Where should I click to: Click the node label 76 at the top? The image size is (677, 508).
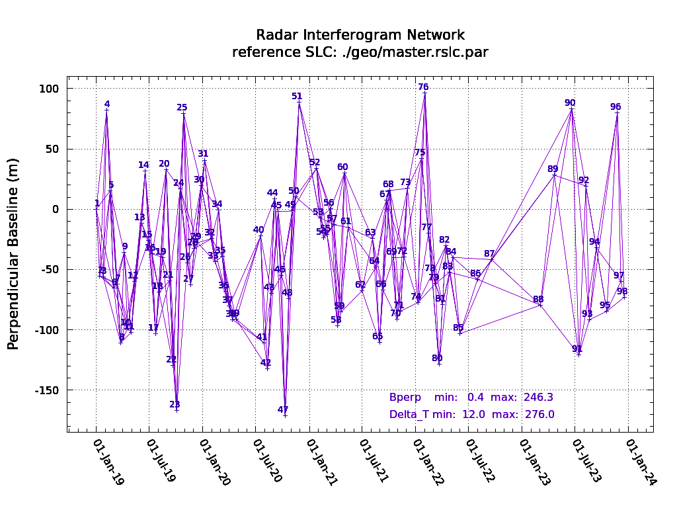pyautogui.click(x=423, y=87)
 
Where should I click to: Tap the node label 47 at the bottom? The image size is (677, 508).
pyautogui.click(x=283, y=409)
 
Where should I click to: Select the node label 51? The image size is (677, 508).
pyautogui.click(x=297, y=96)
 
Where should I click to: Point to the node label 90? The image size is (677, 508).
pyautogui.click(x=570, y=103)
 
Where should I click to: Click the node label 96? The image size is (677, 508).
pyautogui.click(x=616, y=106)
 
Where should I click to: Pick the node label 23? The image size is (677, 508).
pyautogui.click(x=175, y=404)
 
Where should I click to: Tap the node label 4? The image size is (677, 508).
pyautogui.click(x=107, y=104)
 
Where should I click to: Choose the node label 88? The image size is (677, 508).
pyautogui.click(x=538, y=299)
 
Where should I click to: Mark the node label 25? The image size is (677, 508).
pyautogui.click(x=182, y=107)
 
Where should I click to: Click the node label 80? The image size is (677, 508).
pyautogui.click(x=437, y=358)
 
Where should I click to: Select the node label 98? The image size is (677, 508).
pyautogui.click(x=622, y=291)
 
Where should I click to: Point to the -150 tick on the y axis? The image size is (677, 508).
pyautogui.click(x=47, y=390)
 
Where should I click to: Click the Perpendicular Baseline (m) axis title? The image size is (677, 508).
pyautogui.click(x=14, y=253)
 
